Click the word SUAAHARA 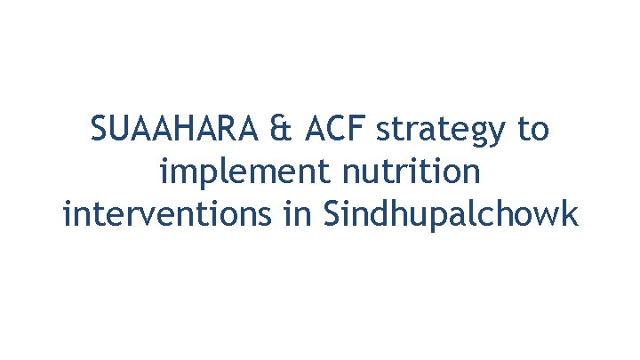(174, 130)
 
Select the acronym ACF (337, 130)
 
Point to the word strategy (442, 132)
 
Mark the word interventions (170, 214)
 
